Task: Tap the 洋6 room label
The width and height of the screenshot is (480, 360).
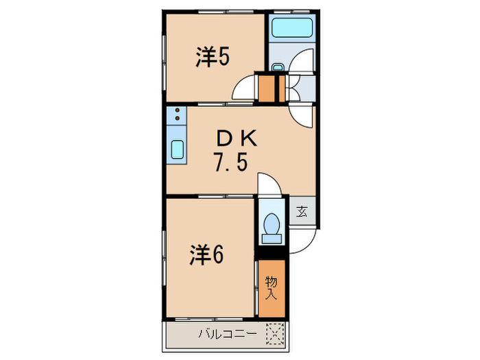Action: pyautogui.click(x=206, y=255)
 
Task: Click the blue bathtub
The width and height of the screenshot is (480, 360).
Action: pyautogui.click(x=291, y=29)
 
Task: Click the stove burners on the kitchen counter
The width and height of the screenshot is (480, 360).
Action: pyautogui.click(x=176, y=115)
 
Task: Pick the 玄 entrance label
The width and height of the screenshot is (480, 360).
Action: pyautogui.click(x=302, y=211)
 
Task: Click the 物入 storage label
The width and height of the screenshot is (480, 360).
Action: pyautogui.click(x=271, y=287)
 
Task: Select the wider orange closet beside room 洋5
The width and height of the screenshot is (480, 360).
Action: pyautogui.click(x=265, y=87)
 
